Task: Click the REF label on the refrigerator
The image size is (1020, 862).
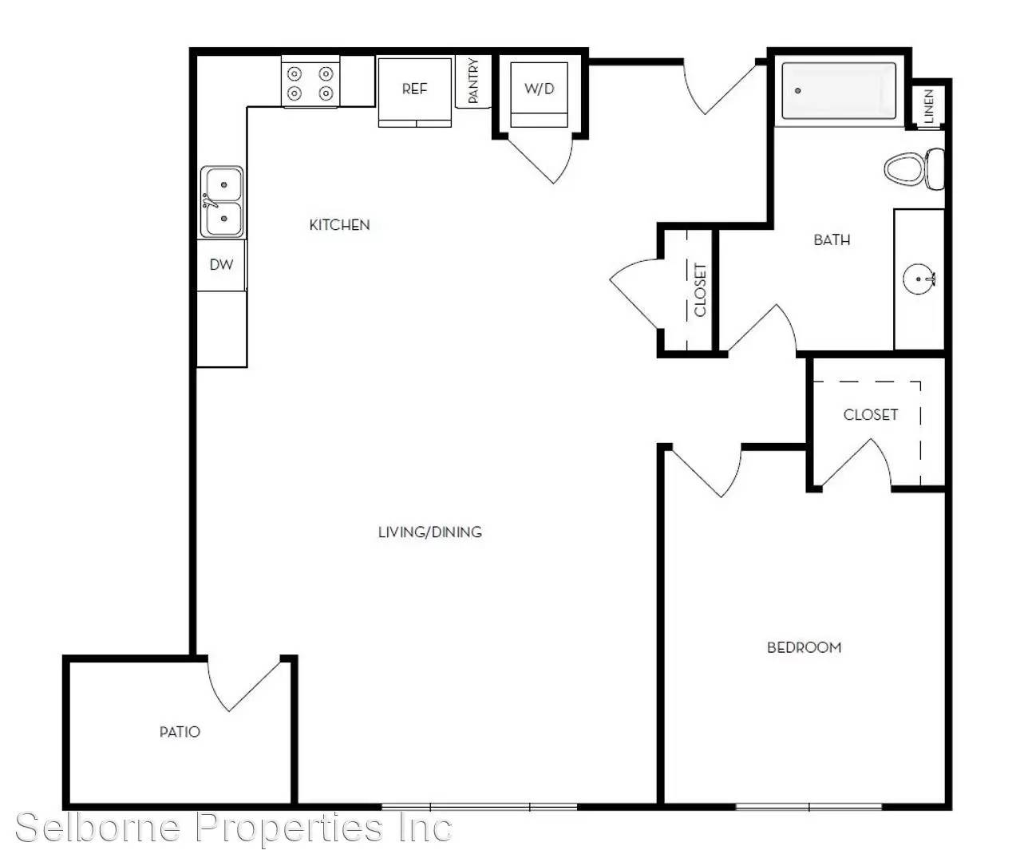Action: tap(414, 89)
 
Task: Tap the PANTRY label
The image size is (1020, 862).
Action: tap(472, 81)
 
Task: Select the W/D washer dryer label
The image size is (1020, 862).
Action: tap(540, 89)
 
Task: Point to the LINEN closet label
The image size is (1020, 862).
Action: tap(929, 106)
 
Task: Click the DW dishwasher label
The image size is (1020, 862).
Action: tap(221, 265)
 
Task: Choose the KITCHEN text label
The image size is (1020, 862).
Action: tap(339, 225)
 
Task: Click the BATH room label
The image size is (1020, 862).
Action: tap(832, 240)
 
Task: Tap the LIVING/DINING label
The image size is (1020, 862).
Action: tap(430, 532)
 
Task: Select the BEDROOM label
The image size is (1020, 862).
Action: tap(804, 648)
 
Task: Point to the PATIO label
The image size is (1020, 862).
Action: tap(180, 732)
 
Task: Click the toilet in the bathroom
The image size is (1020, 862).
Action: tap(914, 169)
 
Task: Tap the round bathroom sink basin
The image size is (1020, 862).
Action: tap(918, 279)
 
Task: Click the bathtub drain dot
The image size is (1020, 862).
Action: tap(798, 91)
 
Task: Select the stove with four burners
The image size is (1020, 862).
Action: tap(310, 81)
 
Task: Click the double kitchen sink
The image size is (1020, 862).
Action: tap(222, 202)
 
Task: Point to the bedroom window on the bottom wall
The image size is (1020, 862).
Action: tap(808, 807)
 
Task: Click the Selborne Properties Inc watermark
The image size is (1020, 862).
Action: tap(234, 828)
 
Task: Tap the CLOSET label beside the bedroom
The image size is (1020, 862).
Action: tap(870, 415)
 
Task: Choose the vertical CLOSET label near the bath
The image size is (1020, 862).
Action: tap(700, 290)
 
